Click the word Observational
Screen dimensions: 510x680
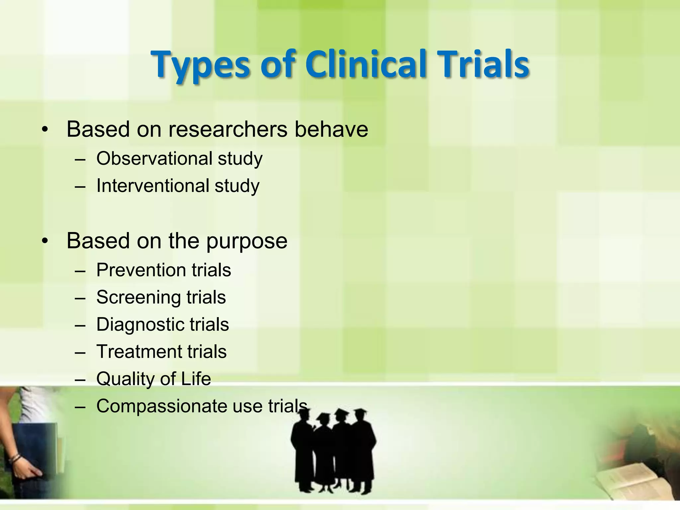click(154, 158)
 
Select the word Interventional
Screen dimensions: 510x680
click(152, 186)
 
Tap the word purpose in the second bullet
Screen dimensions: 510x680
click(247, 241)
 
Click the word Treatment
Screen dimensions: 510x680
click(139, 352)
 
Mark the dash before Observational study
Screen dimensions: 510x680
click(80, 159)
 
